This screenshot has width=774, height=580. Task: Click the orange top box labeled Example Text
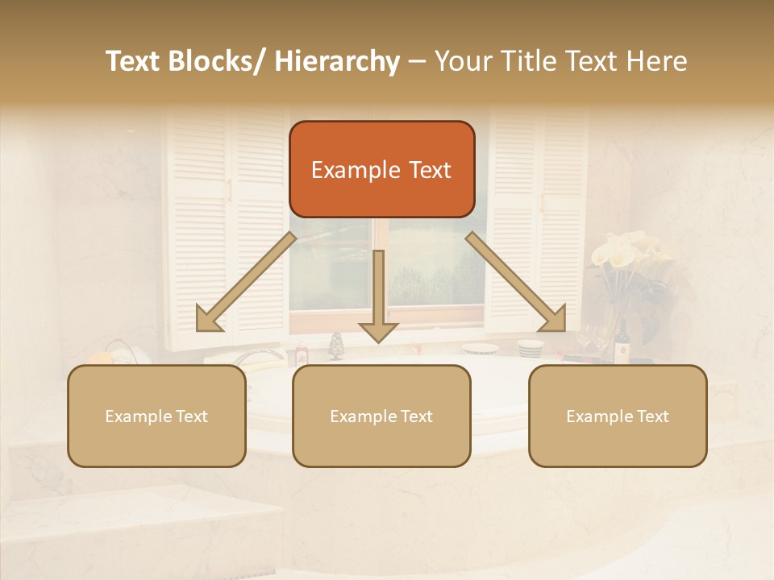click(381, 169)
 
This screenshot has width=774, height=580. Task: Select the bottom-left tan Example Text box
click(156, 416)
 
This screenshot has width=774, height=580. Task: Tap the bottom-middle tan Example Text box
click(381, 416)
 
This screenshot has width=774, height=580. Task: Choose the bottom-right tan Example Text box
click(618, 416)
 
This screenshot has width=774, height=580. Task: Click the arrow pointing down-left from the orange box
click(246, 283)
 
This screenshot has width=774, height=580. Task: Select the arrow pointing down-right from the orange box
click(516, 283)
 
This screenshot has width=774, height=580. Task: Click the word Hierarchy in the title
click(338, 61)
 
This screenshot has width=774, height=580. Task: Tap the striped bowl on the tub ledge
click(530, 349)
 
